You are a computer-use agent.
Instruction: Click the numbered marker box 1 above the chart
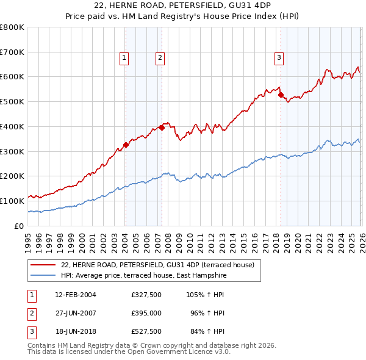click(x=124, y=58)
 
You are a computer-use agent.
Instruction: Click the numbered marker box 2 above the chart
click(x=159, y=58)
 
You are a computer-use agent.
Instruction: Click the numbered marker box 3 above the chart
click(x=279, y=58)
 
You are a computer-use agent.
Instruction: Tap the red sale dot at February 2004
click(x=126, y=145)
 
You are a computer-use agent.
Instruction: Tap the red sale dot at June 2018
click(x=281, y=95)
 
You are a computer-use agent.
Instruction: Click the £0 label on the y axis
click(x=18, y=226)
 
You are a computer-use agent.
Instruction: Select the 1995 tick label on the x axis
click(x=29, y=241)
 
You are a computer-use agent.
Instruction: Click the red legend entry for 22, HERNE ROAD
click(x=161, y=265)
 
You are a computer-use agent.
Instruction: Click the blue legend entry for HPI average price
click(x=143, y=276)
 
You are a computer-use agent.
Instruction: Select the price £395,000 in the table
click(x=146, y=313)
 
